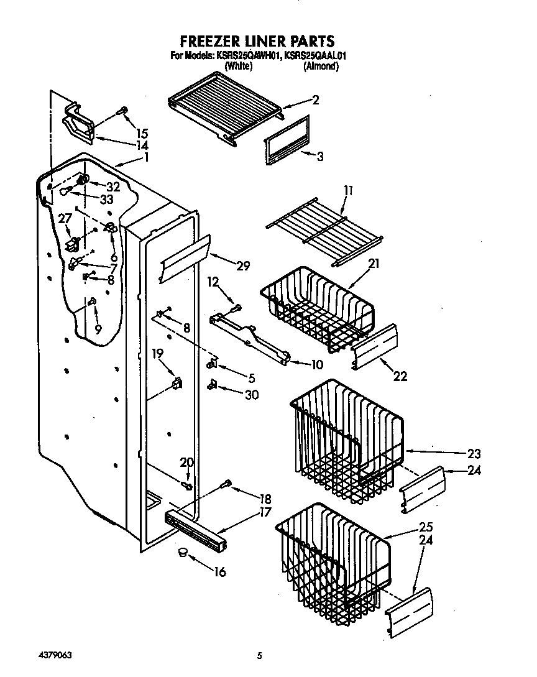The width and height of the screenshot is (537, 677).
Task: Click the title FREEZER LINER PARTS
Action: point(257,41)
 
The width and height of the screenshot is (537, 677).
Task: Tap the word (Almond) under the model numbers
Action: point(321,66)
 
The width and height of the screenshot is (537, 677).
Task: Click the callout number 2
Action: point(315,100)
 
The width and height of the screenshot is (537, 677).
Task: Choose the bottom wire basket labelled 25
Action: point(333,556)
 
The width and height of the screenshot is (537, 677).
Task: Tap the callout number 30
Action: point(252,394)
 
